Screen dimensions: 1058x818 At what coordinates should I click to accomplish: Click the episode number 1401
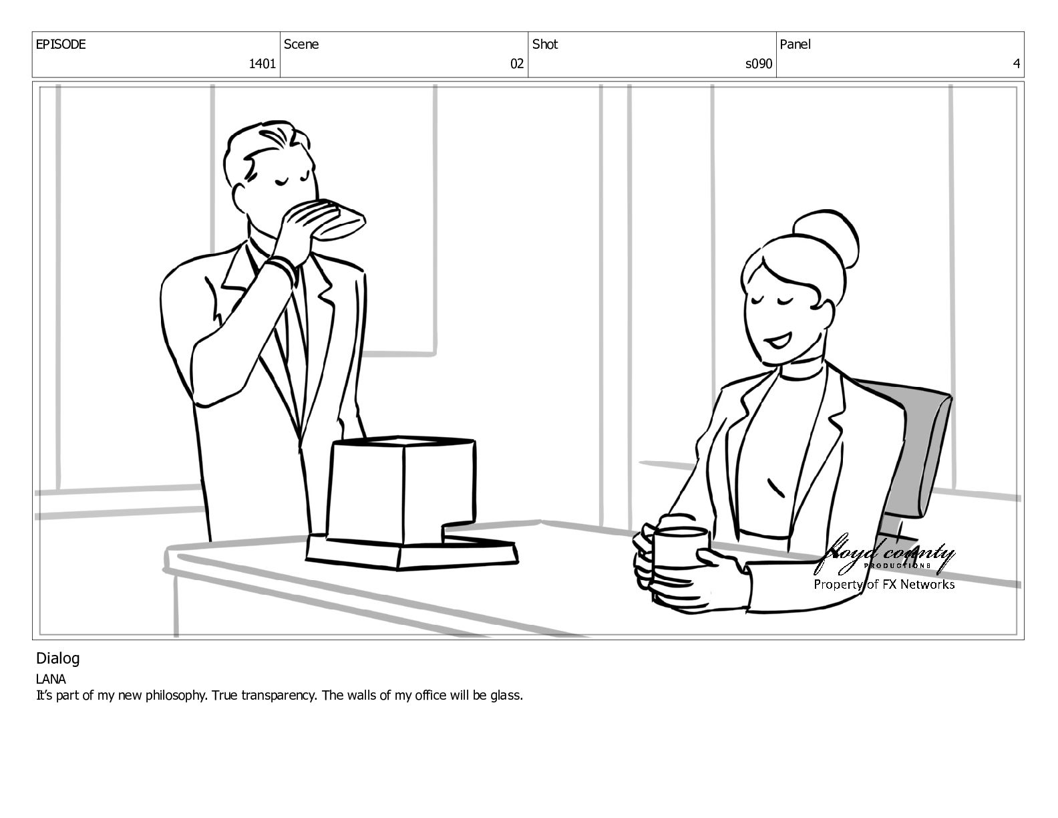[x=262, y=63]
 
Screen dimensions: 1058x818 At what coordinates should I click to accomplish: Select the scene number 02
[x=516, y=63]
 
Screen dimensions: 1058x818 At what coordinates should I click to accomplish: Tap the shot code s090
[x=759, y=63]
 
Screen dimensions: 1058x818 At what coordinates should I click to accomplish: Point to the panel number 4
[x=1016, y=63]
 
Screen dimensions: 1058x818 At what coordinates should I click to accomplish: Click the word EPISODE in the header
[x=61, y=44]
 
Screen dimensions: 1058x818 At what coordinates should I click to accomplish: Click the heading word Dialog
[x=57, y=659]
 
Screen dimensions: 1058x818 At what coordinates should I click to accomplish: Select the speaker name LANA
[x=51, y=679]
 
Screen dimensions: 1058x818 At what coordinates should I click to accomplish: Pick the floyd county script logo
[x=884, y=555]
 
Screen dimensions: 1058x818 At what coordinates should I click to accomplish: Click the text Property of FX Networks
[x=884, y=584]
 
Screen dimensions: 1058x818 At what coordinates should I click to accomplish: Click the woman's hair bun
[x=826, y=238]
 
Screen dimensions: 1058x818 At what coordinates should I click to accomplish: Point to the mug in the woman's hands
[x=680, y=548]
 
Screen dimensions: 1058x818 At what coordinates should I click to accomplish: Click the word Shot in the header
[x=544, y=44]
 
